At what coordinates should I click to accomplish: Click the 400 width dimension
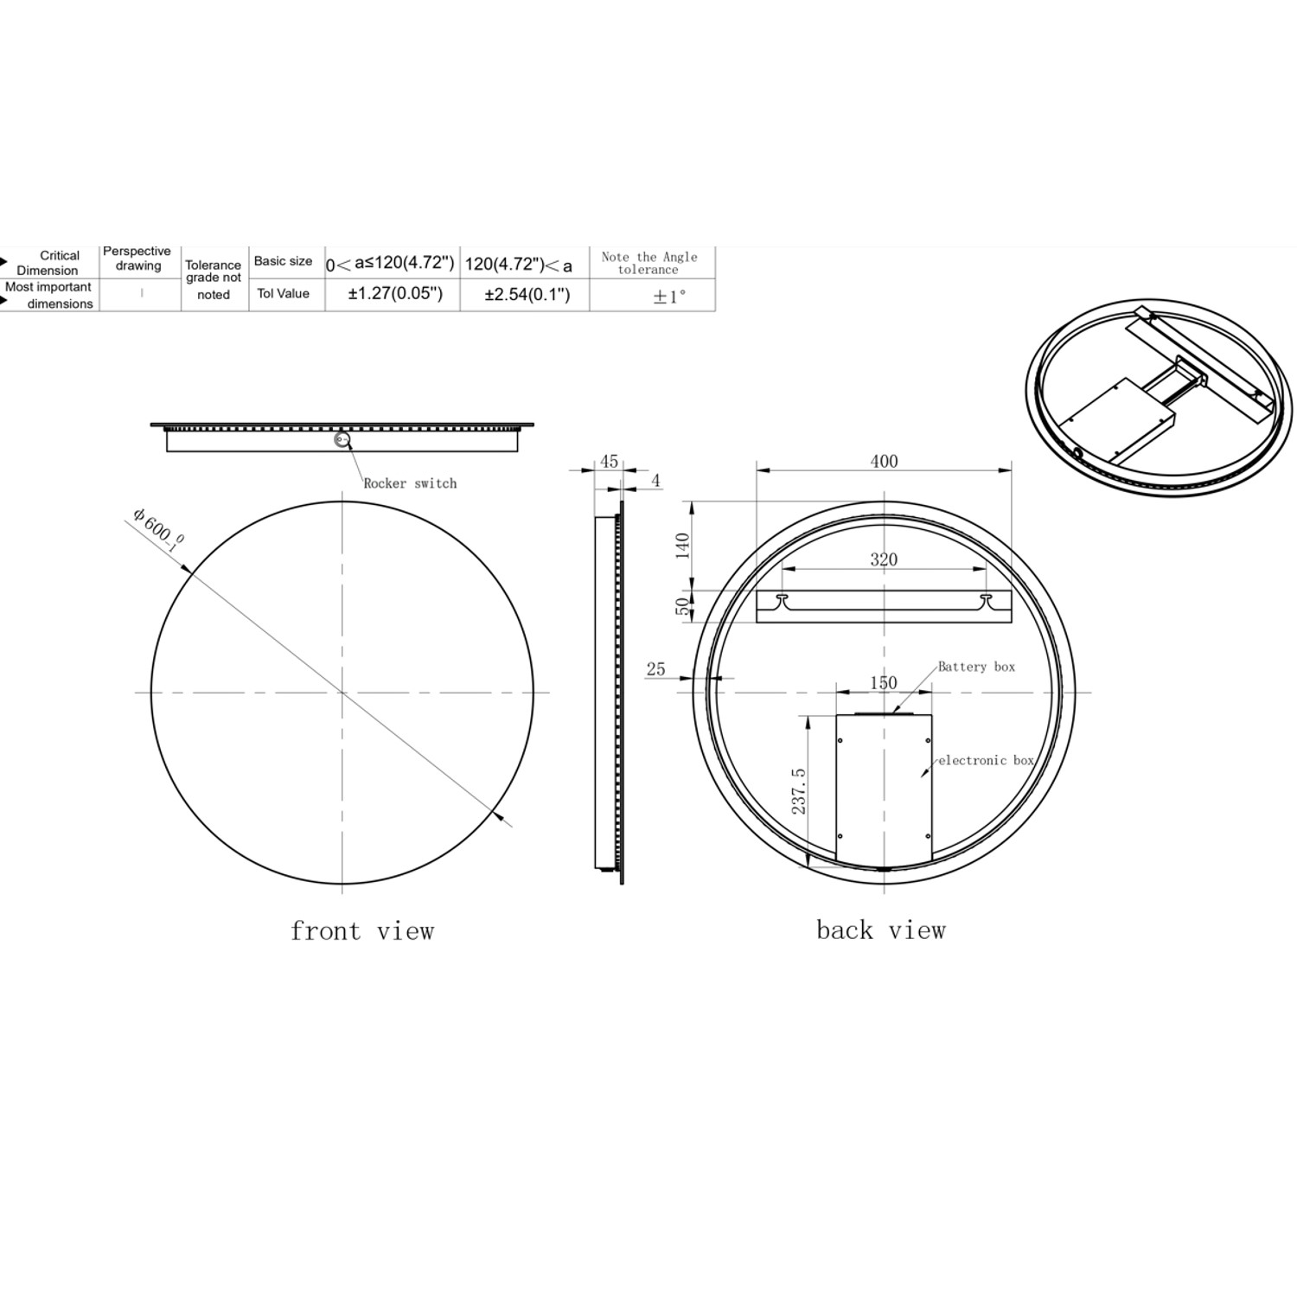[x=884, y=462]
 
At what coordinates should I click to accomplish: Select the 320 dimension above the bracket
[x=884, y=559]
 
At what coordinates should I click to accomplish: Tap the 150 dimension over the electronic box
[x=884, y=683]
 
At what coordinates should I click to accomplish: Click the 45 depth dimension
[x=609, y=462]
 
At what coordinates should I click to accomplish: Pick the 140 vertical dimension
[x=682, y=546]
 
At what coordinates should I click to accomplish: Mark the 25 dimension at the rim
[x=655, y=669]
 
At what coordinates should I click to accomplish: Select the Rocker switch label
[x=410, y=483]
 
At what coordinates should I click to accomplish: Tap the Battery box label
[x=976, y=667]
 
